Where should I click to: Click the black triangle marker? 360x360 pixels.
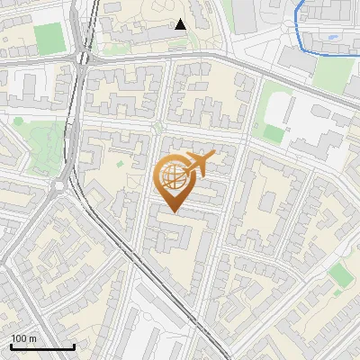(181, 24)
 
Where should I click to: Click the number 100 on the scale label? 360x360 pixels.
(19, 338)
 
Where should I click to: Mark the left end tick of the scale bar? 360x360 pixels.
(11, 346)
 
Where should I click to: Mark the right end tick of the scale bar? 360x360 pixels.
(74, 346)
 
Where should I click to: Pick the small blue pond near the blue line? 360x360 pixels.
(334, 38)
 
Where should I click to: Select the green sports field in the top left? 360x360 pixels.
(49, 37)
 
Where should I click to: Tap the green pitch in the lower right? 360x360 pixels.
(339, 274)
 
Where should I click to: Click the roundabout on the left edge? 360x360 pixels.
(60, 186)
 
